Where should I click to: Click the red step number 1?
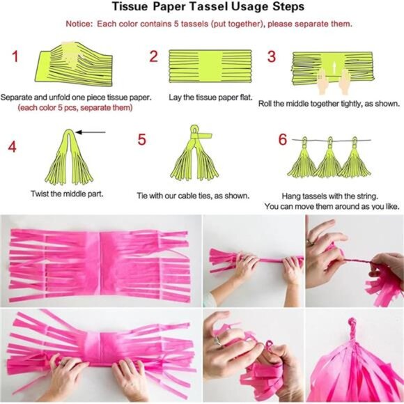point(14,57)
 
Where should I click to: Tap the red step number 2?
point(153,57)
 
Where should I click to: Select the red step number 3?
point(272,57)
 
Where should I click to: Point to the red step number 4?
point(12,146)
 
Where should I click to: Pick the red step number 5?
point(141,140)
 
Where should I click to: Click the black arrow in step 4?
point(91,131)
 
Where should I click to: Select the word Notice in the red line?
point(79,24)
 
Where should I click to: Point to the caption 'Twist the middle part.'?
point(68,193)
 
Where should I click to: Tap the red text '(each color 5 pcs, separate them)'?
point(65,108)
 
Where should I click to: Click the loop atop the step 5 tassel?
point(194,130)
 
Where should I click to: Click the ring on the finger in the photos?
point(217,341)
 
